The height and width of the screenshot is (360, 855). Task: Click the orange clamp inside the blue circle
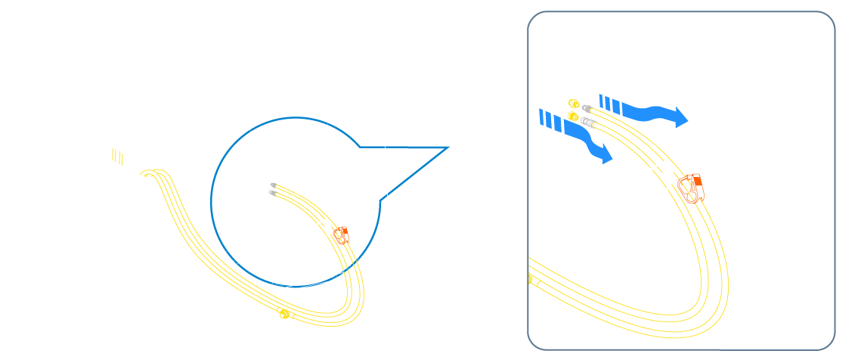(x=341, y=235)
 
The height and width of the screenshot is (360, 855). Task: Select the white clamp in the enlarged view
(x=663, y=173)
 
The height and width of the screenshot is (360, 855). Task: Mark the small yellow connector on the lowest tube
(x=284, y=314)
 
